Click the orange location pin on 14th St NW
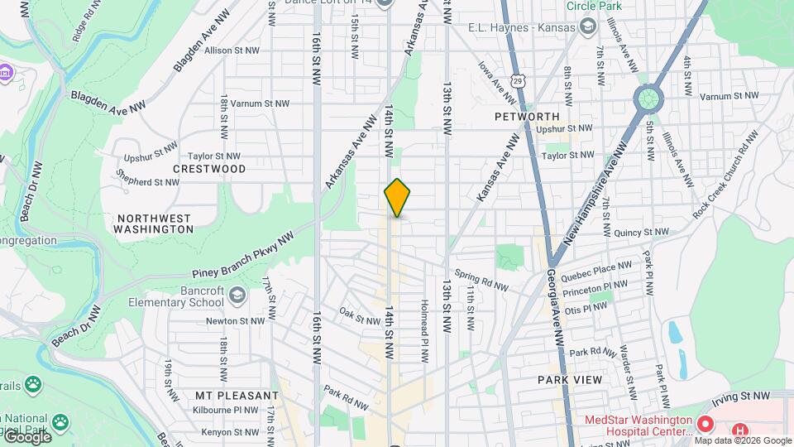(397, 199)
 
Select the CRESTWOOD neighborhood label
(209, 169)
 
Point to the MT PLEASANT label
(237, 396)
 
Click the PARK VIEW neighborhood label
(567, 379)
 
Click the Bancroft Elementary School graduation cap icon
(237, 296)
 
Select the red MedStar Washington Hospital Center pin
(705, 424)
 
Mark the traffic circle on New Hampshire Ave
(648, 99)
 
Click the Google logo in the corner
(27, 436)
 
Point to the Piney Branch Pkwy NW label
(243, 258)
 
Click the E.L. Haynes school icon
(586, 27)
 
